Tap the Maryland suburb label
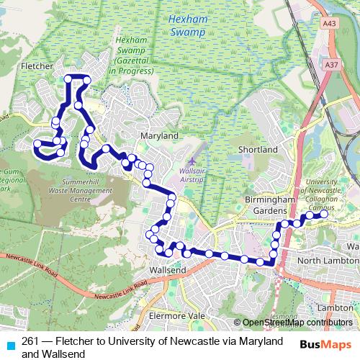159,135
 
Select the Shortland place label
258,149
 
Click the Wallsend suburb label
167,269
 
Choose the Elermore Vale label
176,315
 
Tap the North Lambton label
328,260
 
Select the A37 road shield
331,65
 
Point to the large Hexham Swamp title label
189,27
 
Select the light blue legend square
9,343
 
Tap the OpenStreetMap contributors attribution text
297,323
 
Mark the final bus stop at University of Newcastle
324,213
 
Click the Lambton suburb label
334,307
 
